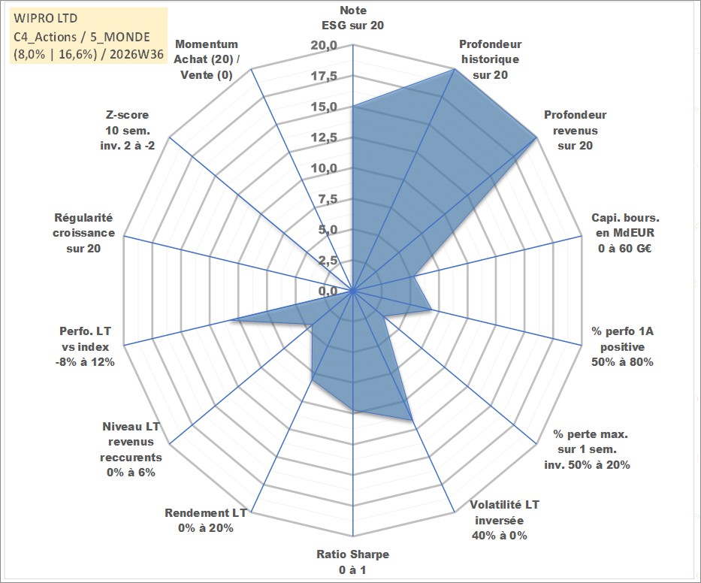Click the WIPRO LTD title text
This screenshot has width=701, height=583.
tap(46, 18)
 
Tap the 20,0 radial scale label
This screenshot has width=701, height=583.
tap(324, 45)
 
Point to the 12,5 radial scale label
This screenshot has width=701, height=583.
tap(324, 137)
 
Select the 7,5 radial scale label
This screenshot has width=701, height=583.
tap(328, 199)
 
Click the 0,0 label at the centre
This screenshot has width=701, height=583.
tap(328, 291)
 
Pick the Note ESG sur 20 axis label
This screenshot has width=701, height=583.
tap(352, 18)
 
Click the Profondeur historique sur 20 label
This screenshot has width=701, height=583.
tap(491, 59)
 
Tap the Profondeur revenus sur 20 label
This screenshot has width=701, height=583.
tap(576, 130)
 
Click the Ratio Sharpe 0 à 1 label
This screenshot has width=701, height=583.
tap(352, 562)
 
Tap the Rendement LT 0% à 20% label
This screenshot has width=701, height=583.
tap(206, 521)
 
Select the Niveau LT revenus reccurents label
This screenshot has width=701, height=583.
tap(131, 449)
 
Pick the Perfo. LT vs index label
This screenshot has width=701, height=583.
tap(85, 346)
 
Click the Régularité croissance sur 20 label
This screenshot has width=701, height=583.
tap(83, 233)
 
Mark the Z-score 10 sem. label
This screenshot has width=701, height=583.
tap(128, 130)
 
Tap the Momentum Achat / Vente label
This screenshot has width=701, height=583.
tap(207, 59)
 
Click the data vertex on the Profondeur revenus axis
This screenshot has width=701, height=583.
tap(536, 137)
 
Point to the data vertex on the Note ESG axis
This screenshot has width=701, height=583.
tap(352, 107)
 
